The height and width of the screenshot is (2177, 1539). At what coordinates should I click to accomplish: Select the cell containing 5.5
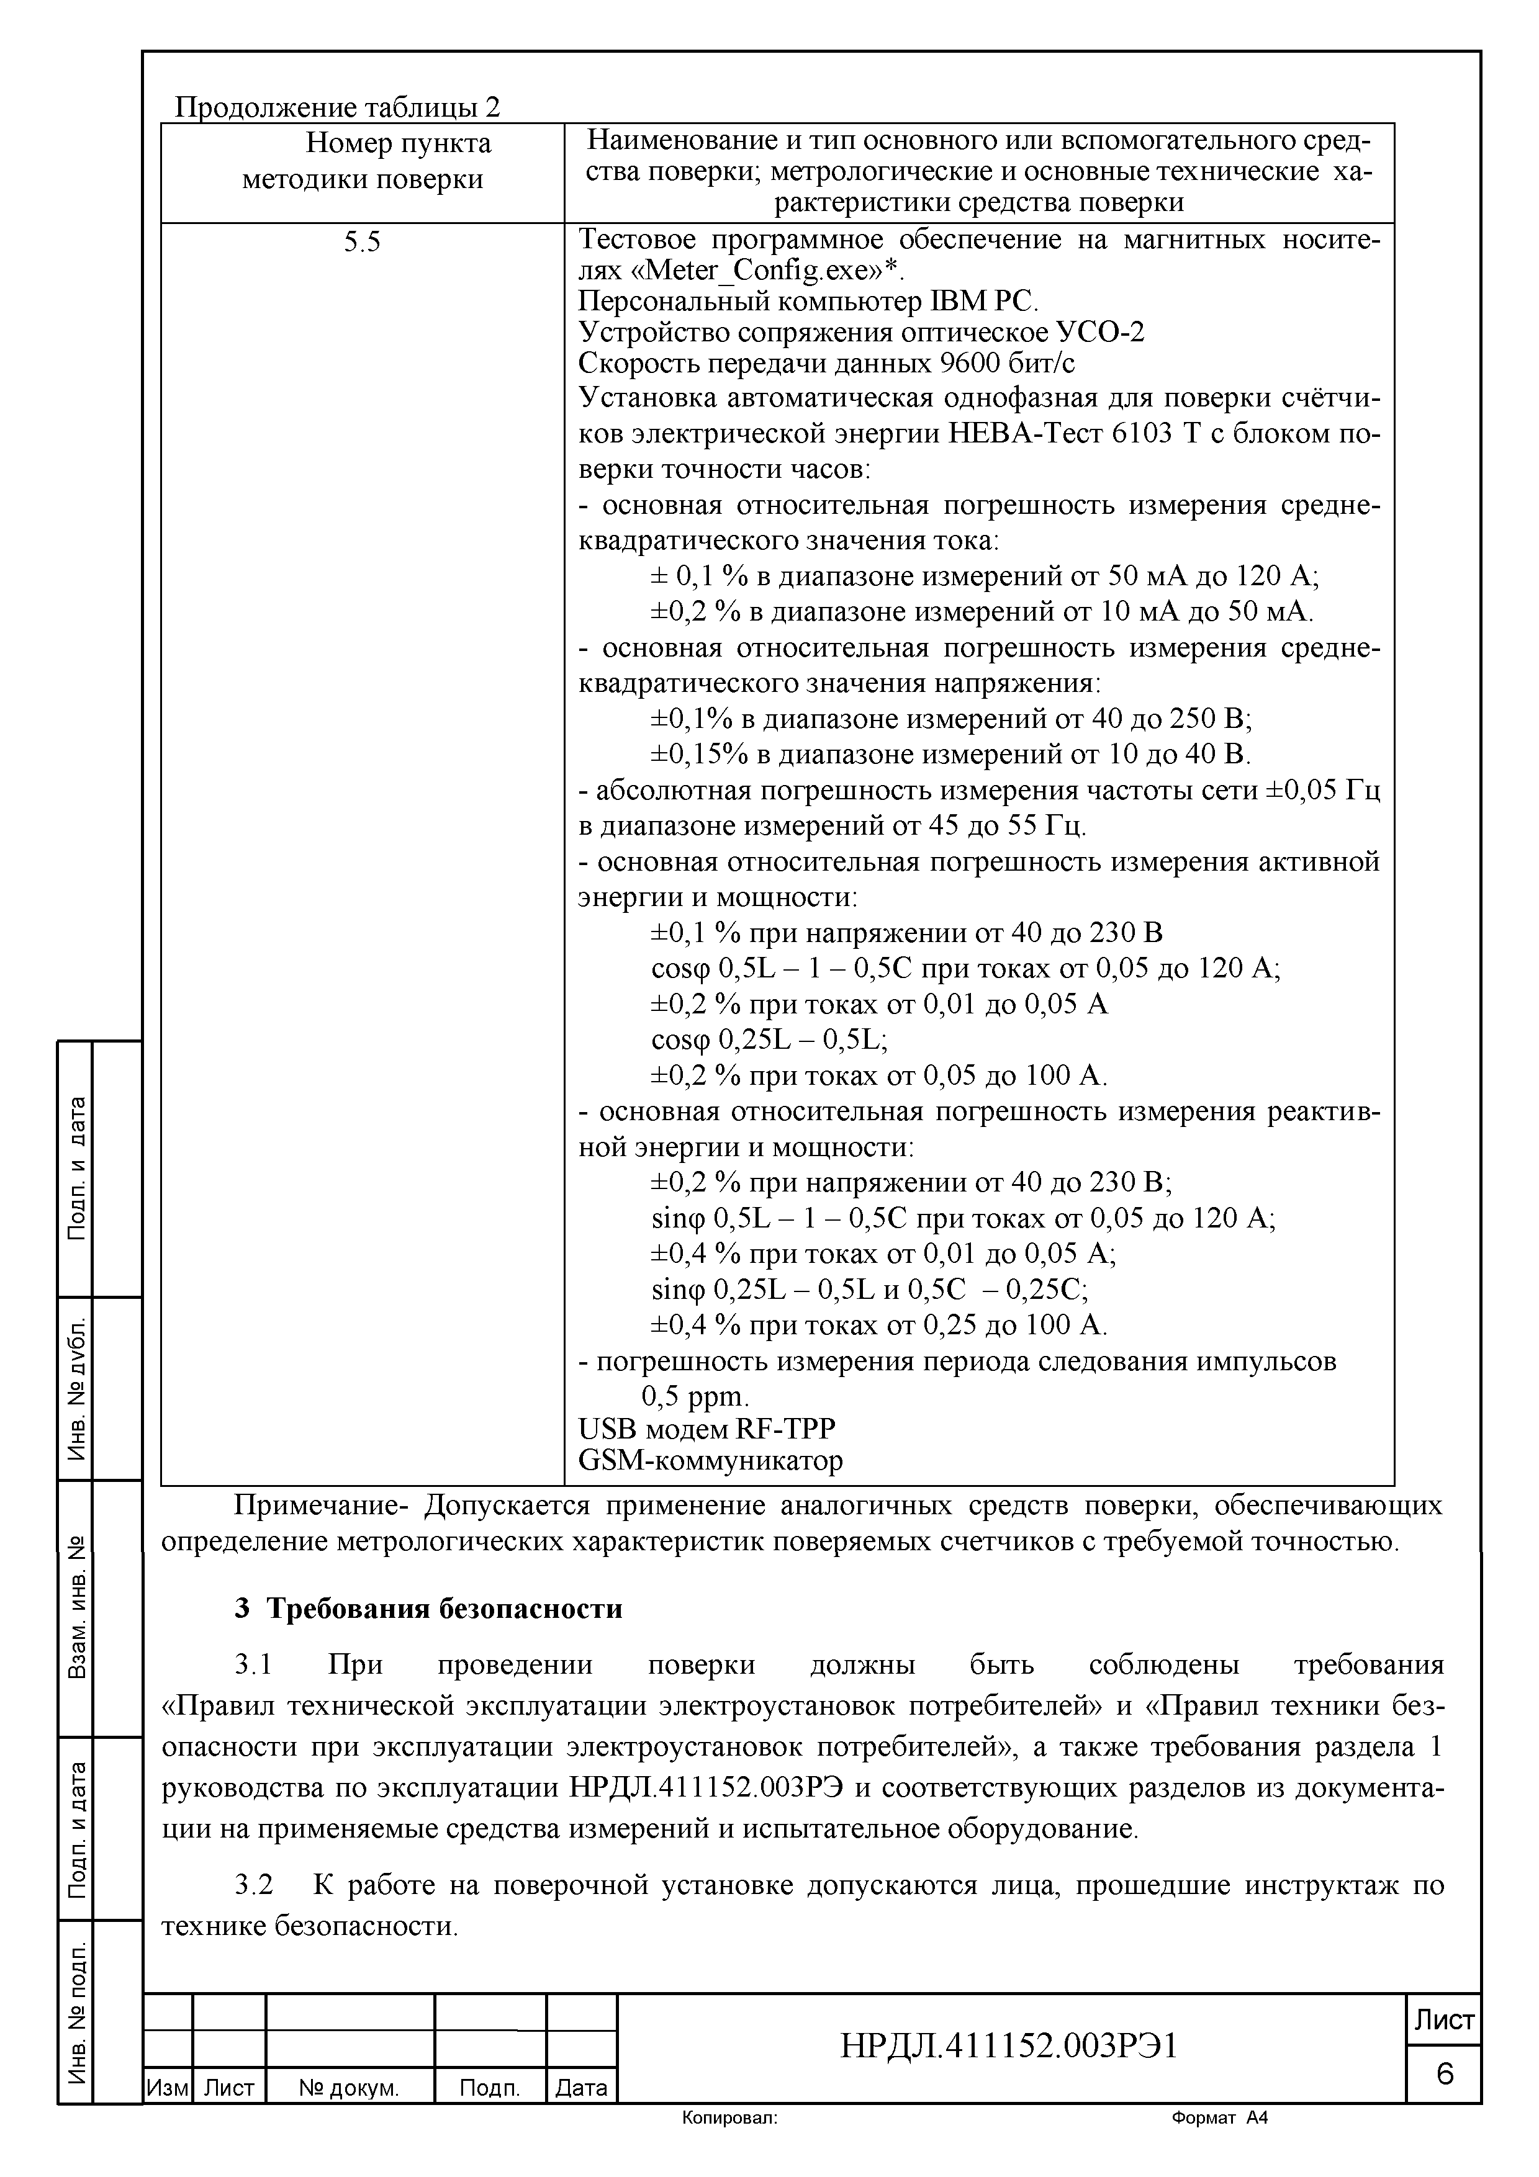tap(361, 243)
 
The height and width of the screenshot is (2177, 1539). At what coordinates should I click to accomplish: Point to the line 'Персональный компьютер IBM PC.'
tap(808, 302)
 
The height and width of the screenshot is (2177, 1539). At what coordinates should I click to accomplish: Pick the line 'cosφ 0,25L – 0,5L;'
tap(769, 1040)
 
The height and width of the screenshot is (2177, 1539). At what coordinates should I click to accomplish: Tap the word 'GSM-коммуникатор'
tap(710, 1460)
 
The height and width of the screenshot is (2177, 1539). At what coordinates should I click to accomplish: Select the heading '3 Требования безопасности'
tap(428, 1609)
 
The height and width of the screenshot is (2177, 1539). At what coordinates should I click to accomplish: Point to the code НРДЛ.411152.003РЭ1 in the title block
tap(1008, 2046)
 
